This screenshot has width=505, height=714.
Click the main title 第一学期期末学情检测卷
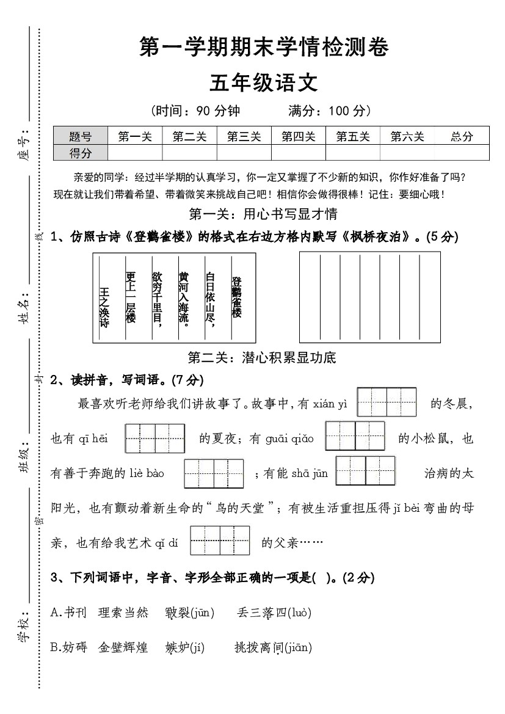[264, 48]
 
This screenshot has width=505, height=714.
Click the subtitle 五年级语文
[264, 82]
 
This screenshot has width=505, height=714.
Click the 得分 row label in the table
[81, 153]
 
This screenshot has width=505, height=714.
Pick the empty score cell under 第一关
[135, 153]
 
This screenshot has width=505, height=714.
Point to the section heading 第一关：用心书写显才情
[263, 214]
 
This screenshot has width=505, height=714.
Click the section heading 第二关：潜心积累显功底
[262, 357]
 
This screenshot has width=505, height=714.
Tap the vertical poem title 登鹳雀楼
[236, 297]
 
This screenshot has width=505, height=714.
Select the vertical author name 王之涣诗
[104, 308]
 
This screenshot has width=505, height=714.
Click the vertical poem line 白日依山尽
[210, 299]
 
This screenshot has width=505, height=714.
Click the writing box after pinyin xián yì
[387, 402]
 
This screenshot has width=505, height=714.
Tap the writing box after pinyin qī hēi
[155, 438]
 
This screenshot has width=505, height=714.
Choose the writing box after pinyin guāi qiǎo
[355, 436]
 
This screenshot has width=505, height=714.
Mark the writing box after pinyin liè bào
[214, 473]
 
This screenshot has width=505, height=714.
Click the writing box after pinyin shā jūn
[365, 471]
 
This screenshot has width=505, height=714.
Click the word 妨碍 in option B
[75, 648]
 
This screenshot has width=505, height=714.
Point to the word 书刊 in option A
[76, 613]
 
